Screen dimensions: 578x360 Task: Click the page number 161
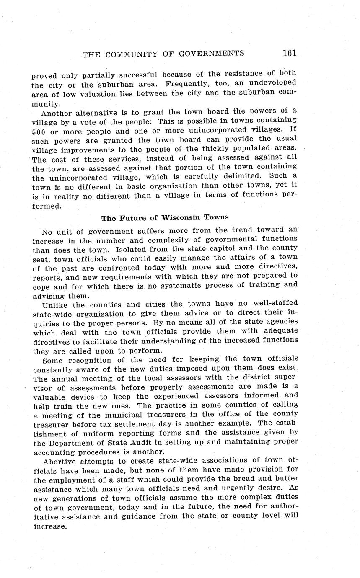[x=289, y=53]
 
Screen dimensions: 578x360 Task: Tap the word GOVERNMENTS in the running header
[x=212, y=54]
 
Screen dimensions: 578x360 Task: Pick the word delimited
[x=243, y=176]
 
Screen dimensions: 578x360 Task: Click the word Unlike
[x=55, y=304]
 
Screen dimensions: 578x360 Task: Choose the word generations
[x=73, y=498]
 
